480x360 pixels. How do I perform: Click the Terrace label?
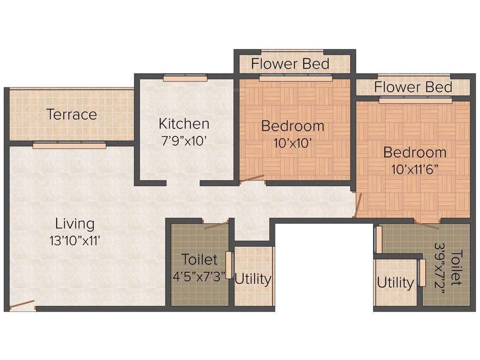pyautogui.click(x=72, y=114)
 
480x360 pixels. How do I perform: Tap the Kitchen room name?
pyautogui.click(x=184, y=124)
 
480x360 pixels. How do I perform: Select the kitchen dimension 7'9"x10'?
pyautogui.click(x=184, y=141)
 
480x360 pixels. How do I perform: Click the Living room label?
pyautogui.click(x=75, y=223)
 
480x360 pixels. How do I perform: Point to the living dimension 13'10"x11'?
pyautogui.click(x=75, y=240)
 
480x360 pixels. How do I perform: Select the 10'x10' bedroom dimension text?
pyautogui.click(x=293, y=143)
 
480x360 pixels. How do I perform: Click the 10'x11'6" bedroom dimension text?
pyautogui.click(x=415, y=169)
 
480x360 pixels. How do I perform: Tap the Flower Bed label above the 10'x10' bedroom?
pyautogui.click(x=291, y=63)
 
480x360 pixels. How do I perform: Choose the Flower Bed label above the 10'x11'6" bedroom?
pyautogui.click(x=413, y=87)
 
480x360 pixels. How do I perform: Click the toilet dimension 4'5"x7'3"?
pyautogui.click(x=199, y=276)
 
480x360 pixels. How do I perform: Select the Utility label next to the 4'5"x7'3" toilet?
pyautogui.click(x=253, y=279)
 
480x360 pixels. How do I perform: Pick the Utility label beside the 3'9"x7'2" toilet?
pyautogui.click(x=396, y=283)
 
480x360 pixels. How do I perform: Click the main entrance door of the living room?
pyautogui.click(x=22, y=306)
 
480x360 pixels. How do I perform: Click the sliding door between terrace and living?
pyautogui.click(x=69, y=145)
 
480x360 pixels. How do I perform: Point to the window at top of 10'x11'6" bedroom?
pyautogui.click(x=415, y=100)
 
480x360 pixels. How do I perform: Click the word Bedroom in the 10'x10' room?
pyautogui.click(x=293, y=126)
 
